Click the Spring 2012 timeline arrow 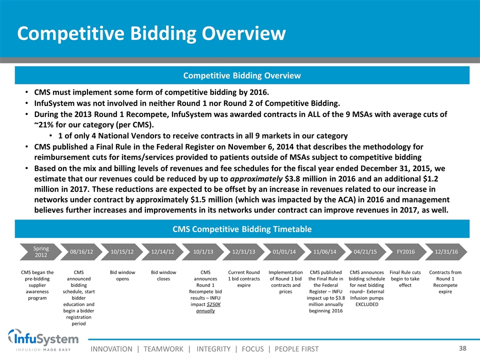pos(40,251)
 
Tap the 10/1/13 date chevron pos(203,251)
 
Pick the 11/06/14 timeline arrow pos(324,251)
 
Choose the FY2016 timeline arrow pos(405,251)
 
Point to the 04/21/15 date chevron pos(365,251)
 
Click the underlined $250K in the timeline pos(213,304)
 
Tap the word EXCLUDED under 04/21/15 pos(366,304)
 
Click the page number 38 pos(462,348)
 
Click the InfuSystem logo pos(43,340)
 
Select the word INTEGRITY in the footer pos(213,349)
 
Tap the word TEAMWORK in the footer pos(163,349)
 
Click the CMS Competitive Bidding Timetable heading pos(242,229)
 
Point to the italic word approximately pos(256,179)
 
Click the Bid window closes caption pos(163,275)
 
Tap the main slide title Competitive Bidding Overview pos(151,33)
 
